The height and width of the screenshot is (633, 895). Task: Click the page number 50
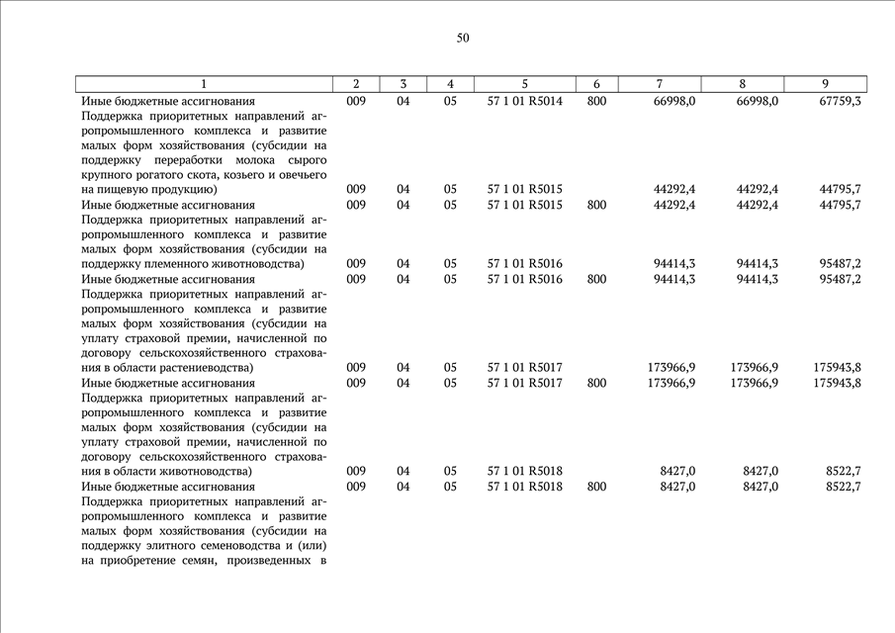coord(463,39)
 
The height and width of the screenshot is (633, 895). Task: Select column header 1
coord(204,84)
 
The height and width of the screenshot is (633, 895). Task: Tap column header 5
coord(524,84)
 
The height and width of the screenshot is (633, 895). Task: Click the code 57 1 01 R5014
coord(524,101)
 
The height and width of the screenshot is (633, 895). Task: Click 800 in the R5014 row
coord(596,101)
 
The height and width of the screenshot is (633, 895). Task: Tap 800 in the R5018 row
coord(596,487)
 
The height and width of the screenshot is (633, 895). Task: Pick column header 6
coord(596,84)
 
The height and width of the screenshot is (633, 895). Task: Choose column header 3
coord(403,84)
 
